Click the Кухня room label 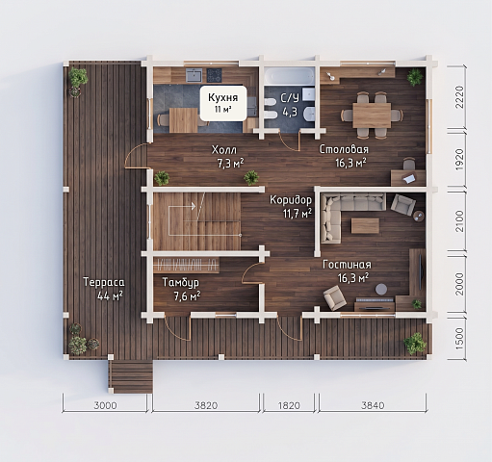tap(223, 97)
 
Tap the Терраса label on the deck tap(104, 282)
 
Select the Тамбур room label tap(181, 282)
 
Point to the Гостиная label tap(347, 265)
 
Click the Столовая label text tap(344, 149)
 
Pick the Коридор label tap(291, 200)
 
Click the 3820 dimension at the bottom tap(206, 405)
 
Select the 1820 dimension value tap(289, 405)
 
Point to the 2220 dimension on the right tap(459, 97)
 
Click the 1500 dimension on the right tap(459, 339)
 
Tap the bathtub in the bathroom tap(289, 76)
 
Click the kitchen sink tap(194, 76)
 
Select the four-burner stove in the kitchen tap(214, 76)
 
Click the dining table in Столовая tap(372, 115)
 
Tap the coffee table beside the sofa tap(365, 225)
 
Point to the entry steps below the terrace tap(130, 376)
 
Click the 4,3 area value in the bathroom tap(290, 112)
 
